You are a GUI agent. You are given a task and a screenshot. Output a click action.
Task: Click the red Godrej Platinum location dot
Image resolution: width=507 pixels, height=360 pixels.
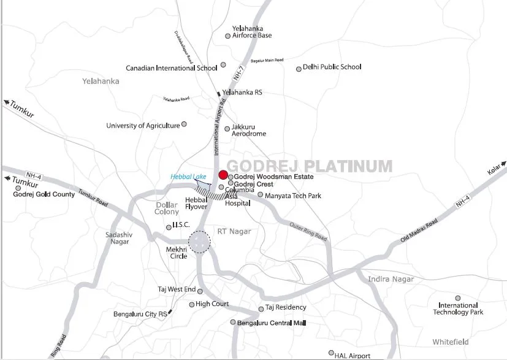[x=224, y=175]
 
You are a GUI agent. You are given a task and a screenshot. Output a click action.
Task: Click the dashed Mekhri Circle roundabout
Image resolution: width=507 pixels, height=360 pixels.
[x=199, y=242]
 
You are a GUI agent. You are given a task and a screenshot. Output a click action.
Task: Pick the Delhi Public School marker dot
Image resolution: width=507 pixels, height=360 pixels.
[x=299, y=69]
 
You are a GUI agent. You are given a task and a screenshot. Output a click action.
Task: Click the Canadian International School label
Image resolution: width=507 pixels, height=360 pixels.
[x=172, y=68]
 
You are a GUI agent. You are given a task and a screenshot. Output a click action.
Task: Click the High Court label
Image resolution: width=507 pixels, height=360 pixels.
[x=212, y=304]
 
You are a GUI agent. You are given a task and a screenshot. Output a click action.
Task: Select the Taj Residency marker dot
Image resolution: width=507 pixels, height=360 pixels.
[x=261, y=308]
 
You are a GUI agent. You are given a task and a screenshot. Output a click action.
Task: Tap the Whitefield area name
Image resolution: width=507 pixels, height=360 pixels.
[x=450, y=342]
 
